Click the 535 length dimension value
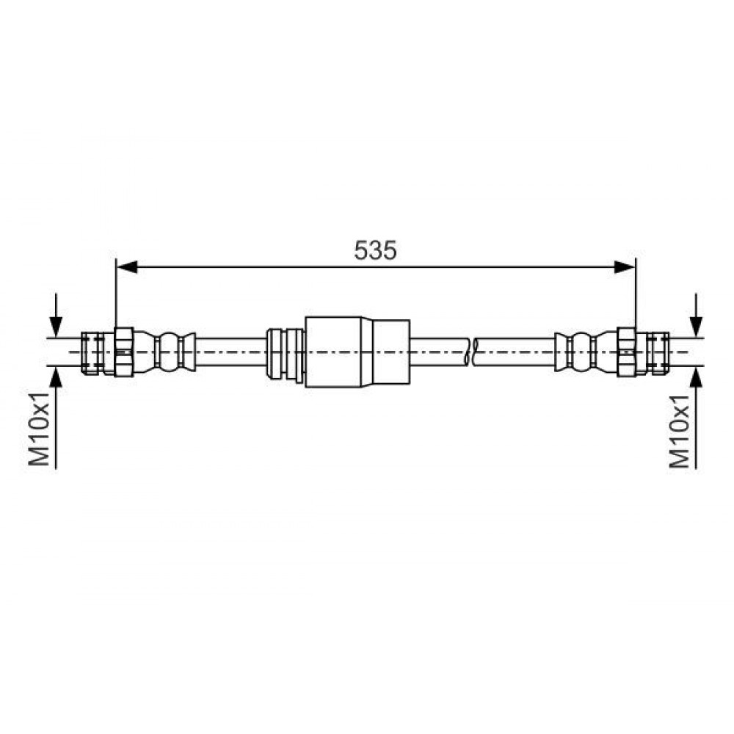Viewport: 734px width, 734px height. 375,250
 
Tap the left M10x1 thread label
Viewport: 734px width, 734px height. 39,429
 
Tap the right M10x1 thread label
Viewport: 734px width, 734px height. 680,431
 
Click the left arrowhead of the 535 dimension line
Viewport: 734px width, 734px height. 126,267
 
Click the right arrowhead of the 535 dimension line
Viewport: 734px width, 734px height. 625,267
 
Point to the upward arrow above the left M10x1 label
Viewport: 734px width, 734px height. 57,418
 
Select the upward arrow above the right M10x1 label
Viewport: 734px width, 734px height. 697,418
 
